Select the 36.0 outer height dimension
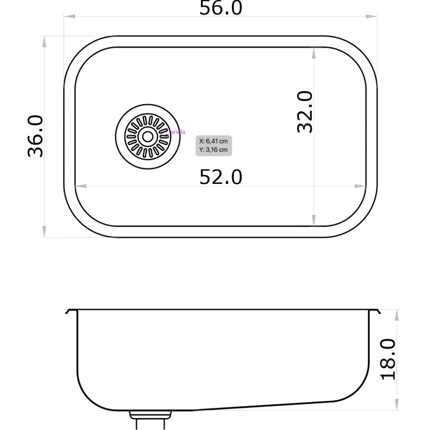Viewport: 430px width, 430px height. tap(35, 136)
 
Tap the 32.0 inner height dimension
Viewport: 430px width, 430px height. tap(304, 111)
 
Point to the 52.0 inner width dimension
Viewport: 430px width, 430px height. tap(221, 176)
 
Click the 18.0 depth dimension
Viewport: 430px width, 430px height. tap(387, 359)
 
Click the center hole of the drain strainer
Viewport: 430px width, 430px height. tap(146, 137)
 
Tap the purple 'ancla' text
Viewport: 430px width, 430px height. tap(177, 132)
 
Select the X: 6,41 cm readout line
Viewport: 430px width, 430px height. tap(213, 141)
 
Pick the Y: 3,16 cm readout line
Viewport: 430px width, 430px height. tap(213, 150)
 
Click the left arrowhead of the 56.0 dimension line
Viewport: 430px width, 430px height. tap(69, 17)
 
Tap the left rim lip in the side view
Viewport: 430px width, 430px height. tap(68, 312)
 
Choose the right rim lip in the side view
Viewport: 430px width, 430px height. tap(377, 312)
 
